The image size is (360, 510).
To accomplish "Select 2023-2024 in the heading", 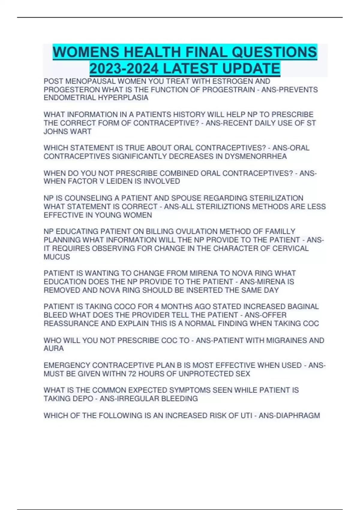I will [124, 68].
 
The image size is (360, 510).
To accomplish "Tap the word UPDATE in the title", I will [251, 68].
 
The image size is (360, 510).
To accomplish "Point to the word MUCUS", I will [57, 257].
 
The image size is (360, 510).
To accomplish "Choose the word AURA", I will [54, 349].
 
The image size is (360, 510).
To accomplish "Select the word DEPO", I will [81, 399].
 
